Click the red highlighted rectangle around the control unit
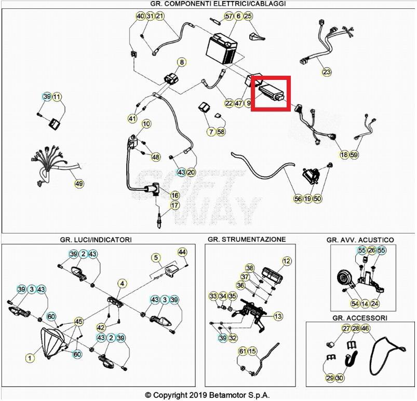(270, 93)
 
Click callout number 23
(326, 72)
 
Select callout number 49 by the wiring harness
(79, 183)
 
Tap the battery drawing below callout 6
(224, 49)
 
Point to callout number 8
(181, 63)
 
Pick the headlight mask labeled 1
(52, 343)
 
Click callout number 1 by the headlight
(30, 357)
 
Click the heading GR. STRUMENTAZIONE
(246, 239)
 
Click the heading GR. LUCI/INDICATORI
(96, 240)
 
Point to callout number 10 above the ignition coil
(146, 124)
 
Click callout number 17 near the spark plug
(175, 205)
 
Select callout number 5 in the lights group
(155, 257)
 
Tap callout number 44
(182, 252)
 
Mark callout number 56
(298, 198)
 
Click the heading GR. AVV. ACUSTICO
(360, 240)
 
